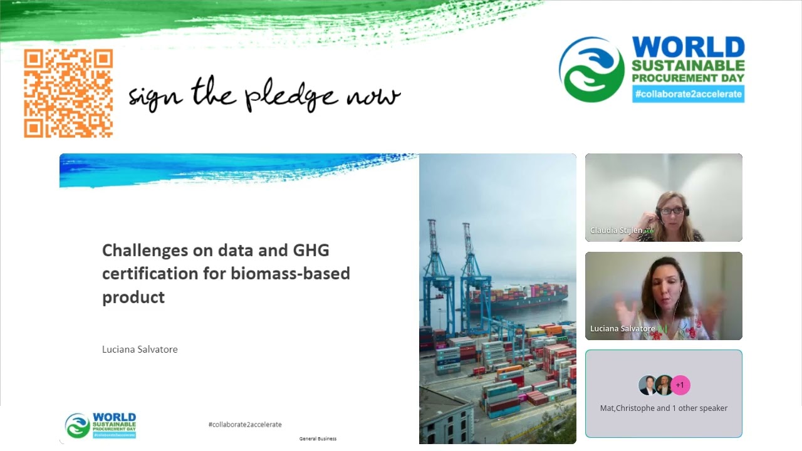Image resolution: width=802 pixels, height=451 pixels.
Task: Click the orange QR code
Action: (x=68, y=93)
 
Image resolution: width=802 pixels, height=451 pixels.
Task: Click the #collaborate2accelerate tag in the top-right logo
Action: (x=688, y=94)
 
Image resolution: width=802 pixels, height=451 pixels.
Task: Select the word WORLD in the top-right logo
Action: (x=688, y=48)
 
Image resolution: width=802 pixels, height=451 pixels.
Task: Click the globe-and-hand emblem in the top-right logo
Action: (x=591, y=70)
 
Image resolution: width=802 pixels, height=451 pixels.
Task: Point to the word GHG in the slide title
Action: (x=311, y=251)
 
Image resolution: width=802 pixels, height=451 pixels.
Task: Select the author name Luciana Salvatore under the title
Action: (x=140, y=350)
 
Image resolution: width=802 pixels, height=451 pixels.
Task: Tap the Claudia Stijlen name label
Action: (x=616, y=231)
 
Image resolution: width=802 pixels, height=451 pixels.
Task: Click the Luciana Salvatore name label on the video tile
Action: (x=622, y=329)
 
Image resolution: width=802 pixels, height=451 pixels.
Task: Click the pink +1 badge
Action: (x=680, y=385)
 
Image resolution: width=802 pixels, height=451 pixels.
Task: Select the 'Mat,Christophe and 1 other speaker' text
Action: (x=664, y=408)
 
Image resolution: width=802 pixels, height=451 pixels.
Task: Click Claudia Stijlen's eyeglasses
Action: (x=672, y=211)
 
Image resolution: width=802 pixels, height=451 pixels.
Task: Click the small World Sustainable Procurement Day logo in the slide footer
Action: (x=100, y=425)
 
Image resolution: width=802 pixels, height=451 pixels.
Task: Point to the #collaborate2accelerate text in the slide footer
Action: (x=245, y=425)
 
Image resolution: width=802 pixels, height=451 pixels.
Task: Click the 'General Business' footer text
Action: (x=318, y=438)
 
